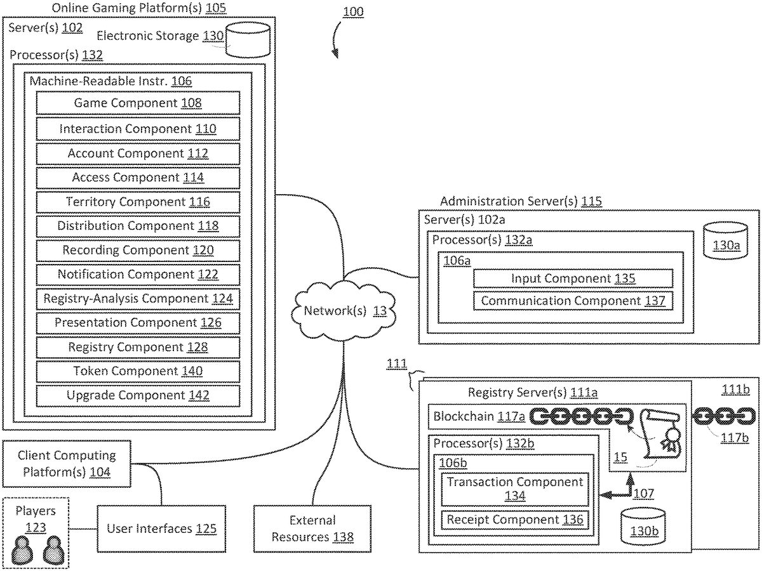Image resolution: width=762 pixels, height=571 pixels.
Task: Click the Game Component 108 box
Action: [138, 103]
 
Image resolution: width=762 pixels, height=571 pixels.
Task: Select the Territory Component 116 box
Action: [138, 202]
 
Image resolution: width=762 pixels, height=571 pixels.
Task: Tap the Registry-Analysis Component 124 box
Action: [138, 298]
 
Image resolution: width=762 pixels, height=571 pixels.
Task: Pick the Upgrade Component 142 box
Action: [138, 395]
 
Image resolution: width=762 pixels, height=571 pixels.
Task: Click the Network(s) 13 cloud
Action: [344, 311]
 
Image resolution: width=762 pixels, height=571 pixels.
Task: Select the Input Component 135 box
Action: [573, 279]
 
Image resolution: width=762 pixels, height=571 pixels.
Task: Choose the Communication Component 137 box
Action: [573, 301]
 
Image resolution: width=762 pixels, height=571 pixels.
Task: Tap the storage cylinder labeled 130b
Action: [643, 525]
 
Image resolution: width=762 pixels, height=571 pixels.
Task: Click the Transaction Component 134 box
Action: [514, 489]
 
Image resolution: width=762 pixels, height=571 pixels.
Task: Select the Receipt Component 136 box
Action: [514, 520]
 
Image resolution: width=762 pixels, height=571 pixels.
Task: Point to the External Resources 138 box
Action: [312, 528]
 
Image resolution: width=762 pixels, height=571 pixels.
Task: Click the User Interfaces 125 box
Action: [161, 528]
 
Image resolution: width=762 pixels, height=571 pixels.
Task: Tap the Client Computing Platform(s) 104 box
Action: [67, 464]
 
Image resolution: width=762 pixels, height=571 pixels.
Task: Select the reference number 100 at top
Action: [353, 12]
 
